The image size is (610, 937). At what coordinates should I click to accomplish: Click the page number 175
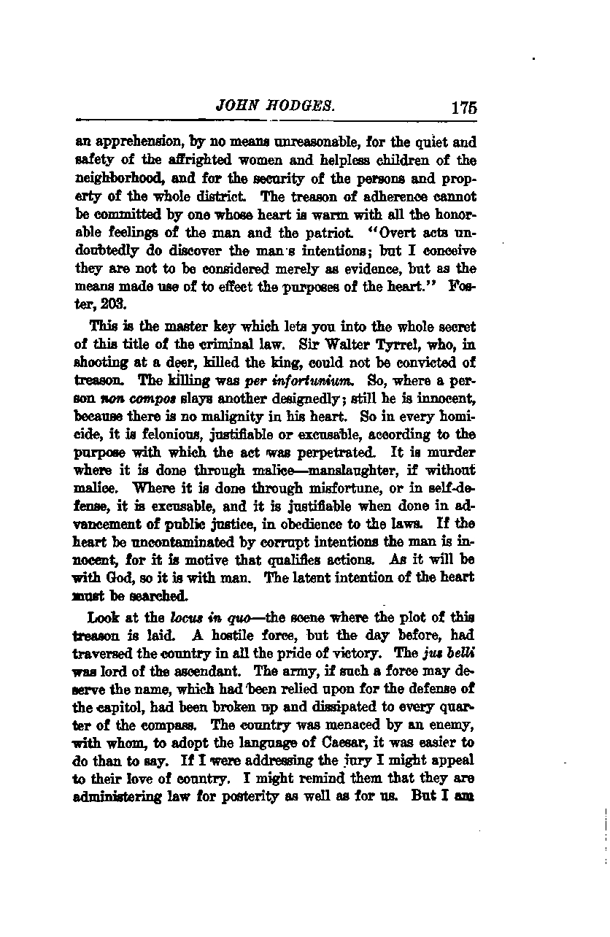coord(463,107)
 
